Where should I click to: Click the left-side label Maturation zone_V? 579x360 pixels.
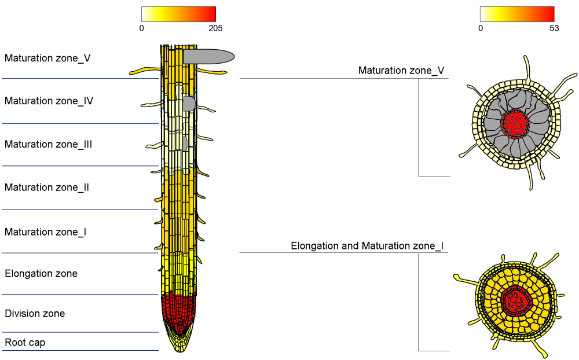pos(47,58)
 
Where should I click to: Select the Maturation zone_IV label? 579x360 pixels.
pos(49,101)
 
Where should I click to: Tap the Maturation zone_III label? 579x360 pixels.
pos(48,144)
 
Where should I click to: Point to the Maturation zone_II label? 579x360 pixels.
pos(46,188)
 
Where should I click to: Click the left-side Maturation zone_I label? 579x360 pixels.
pos(45,232)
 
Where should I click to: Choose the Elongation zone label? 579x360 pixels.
pos(41,273)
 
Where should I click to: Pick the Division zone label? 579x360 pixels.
pos(35,314)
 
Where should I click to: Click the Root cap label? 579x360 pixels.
pos(25,342)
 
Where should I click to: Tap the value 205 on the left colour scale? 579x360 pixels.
pos(215,28)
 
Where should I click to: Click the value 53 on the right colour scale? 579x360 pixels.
pos(554,28)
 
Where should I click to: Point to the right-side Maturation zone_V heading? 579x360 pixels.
pos(401,71)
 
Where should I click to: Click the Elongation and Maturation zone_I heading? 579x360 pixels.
pos(367,246)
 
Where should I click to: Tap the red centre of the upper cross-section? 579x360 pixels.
pos(515,122)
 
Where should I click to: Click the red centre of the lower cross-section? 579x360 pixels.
pos(515,300)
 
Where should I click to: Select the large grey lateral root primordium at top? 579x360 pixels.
pos(208,56)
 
